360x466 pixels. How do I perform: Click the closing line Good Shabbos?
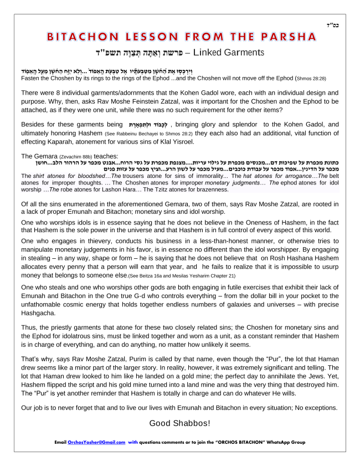pos(179,423)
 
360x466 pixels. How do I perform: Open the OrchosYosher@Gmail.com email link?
pos(96,443)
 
